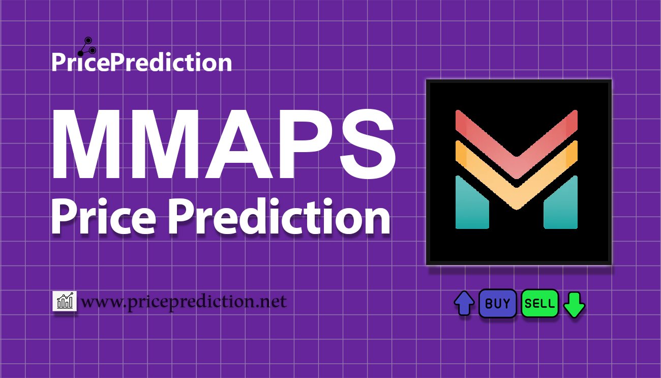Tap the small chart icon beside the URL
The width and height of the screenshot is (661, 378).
[65, 301]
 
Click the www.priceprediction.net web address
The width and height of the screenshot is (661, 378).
[184, 302]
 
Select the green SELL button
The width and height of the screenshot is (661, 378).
[540, 304]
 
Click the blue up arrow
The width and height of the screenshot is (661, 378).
[464, 304]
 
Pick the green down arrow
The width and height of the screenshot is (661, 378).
[575, 304]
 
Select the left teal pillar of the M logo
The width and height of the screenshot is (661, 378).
[472, 203]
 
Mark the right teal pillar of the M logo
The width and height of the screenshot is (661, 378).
[560, 203]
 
